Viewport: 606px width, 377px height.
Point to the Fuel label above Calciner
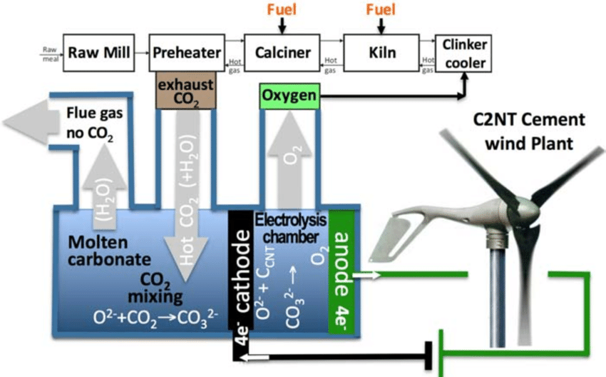pos(282,10)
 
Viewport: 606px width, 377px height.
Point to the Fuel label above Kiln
pos(380,10)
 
